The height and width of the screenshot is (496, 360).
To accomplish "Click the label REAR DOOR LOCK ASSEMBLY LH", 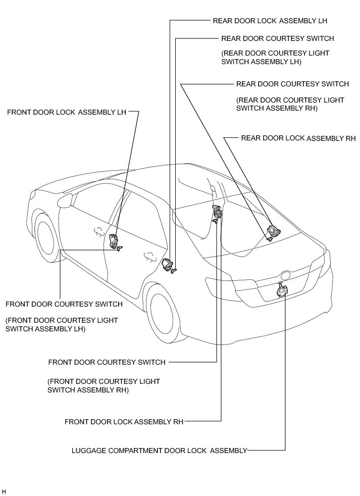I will point(264,21).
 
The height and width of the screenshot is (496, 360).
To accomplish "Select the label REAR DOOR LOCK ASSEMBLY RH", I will point(298,138).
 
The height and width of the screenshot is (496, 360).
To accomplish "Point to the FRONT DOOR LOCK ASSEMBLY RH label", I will point(124,421).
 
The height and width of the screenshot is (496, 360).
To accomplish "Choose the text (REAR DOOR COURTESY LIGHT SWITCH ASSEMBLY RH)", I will point(290,104).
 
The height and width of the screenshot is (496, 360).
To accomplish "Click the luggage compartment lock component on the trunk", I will point(281,291).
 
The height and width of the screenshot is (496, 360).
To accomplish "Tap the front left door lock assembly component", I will point(113,240).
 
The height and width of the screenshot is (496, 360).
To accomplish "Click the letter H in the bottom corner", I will point(4,491).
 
